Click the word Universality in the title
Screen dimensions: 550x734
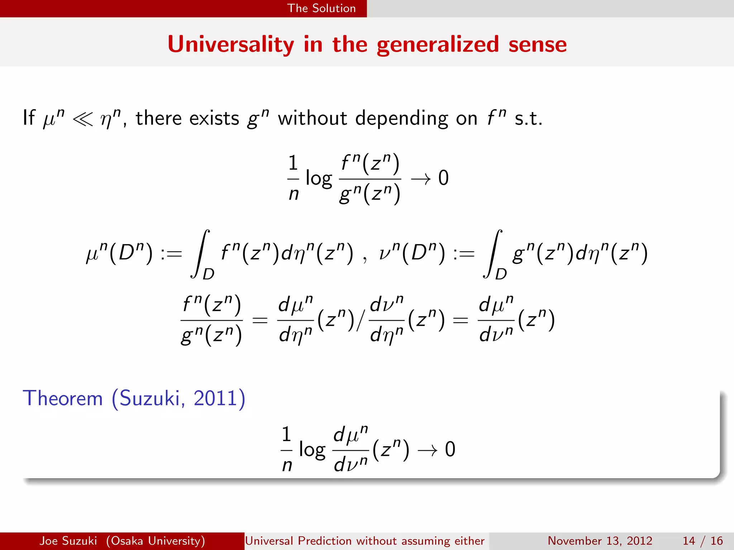pyautogui.click(x=230, y=44)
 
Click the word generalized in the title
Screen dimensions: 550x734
pyautogui.click(x=438, y=45)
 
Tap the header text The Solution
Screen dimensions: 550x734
pyautogui.click(x=321, y=8)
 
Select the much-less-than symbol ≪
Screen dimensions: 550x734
pyautogui.click(x=82, y=119)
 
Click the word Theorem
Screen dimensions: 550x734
pyautogui.click(x=63, y=398)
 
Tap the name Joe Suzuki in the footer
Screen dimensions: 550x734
pyautogui.click(x=68, y=541)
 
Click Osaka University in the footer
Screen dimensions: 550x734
pyautogui.click(x=156, y=541)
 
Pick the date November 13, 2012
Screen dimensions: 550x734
pyautogui.click(x=600, y=541)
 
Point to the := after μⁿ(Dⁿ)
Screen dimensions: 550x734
pyautogui.click(x=171, y=254)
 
